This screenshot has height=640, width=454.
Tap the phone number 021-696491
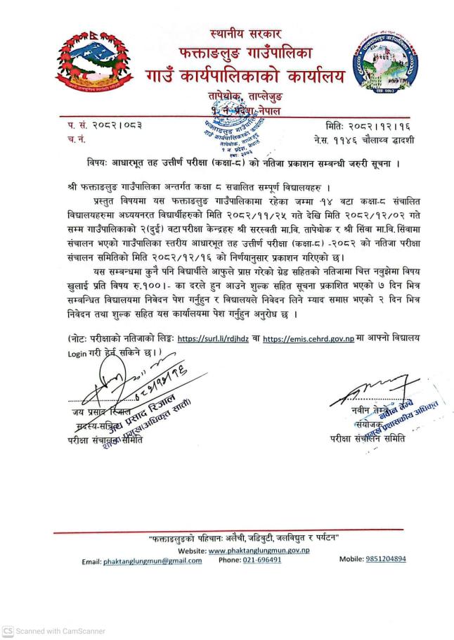coord(259,561)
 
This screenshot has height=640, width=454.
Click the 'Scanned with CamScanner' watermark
coord(53,631)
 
